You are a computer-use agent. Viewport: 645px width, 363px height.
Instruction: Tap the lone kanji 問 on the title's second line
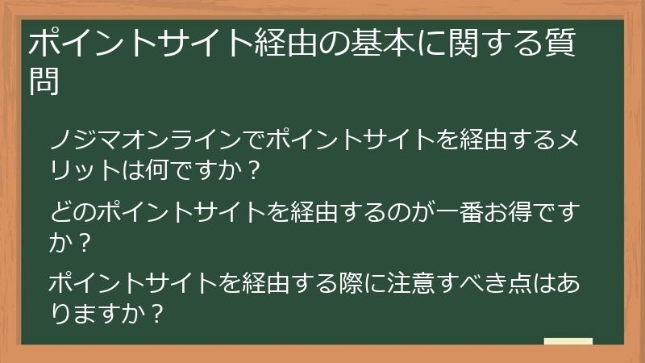coord(44,81)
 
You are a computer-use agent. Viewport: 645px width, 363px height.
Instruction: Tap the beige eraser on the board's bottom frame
coord(568,342)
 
